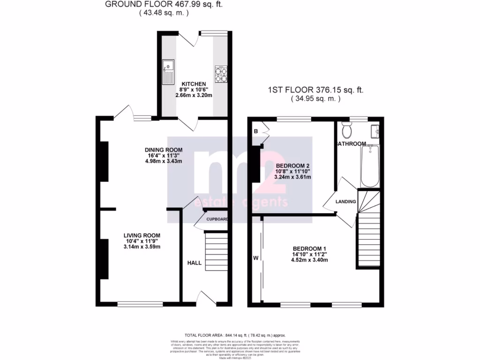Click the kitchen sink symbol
pos(168,72)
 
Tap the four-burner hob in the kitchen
pos(221,72)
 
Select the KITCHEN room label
pos(193,83)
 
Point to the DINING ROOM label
pos(163,150)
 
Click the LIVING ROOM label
pos(142,235)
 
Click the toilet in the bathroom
pos(347,128)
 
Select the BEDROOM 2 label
pos(293,166)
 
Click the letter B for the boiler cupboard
pos(256,131)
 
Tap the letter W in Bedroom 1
pos(256,257)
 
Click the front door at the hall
pos(206,299)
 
